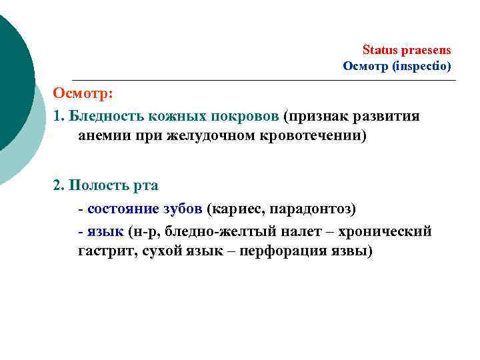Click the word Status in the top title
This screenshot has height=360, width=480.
[378, 50]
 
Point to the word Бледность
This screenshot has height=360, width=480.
[105, 116]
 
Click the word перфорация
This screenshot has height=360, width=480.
[283, 251]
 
